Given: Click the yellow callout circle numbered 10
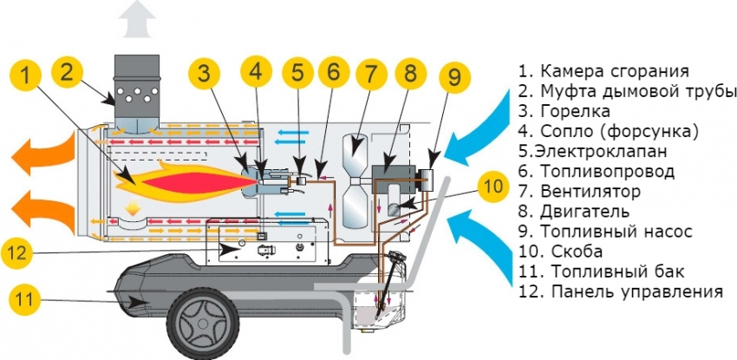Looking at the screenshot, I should tap(492, 185).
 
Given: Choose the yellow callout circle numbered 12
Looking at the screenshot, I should tap(26, 254).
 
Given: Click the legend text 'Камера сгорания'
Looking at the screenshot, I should tap(615, 71).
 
